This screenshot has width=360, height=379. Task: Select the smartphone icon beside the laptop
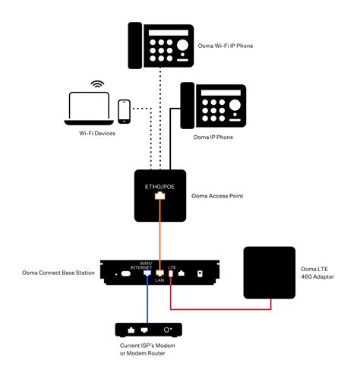[124, 111]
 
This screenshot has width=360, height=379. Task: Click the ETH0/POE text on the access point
[159, 185]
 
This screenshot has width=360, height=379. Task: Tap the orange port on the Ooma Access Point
[159, 196]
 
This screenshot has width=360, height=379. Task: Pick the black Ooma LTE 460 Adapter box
[268, 271]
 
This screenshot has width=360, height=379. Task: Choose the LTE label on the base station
[172, 267]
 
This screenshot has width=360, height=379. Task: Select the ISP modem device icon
[150, 330]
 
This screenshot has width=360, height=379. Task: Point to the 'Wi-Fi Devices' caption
[97, 134]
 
